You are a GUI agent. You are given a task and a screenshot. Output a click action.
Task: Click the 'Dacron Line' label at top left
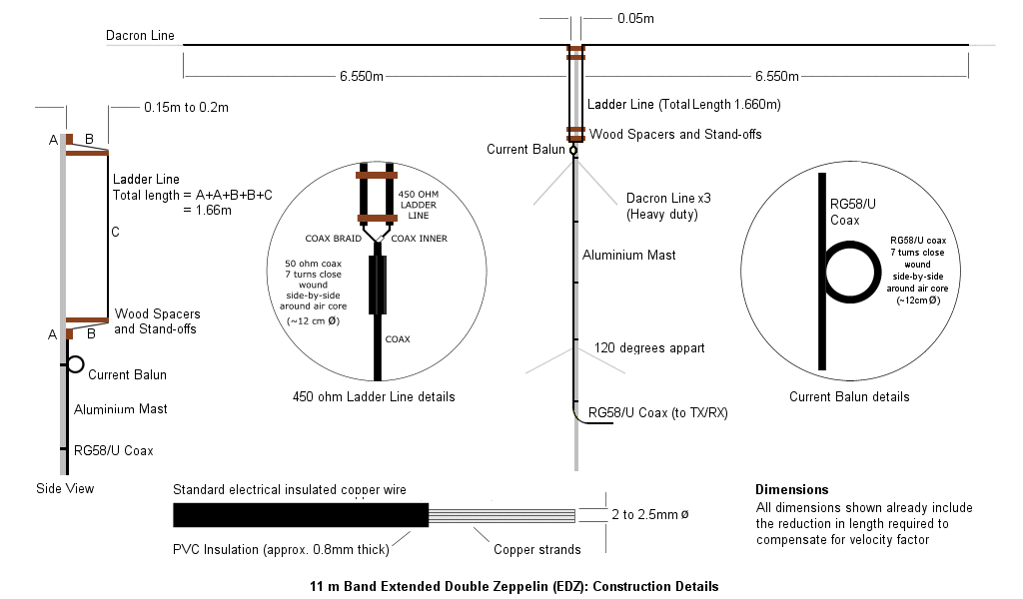click(x=140, y=36)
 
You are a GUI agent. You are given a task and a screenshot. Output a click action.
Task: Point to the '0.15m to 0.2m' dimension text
click(x=187, y=107)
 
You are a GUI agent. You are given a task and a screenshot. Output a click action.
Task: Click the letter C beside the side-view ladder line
click(x=116, y=233)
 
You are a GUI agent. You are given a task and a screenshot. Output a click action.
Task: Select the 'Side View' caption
click(x=65, y=488)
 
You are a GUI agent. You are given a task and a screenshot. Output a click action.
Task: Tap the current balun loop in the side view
click(x=75, y=363)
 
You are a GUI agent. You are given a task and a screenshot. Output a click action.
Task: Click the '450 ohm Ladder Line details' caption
click(x=374, y=396)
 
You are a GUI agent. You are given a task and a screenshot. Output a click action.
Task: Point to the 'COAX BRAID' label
click(x=333, y=239)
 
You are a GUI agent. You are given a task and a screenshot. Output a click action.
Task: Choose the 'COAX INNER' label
click(x=419, y=239)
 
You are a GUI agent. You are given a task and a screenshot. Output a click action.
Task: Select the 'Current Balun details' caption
click(x=849, y=396)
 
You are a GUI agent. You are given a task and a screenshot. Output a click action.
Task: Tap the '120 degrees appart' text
click(x=649, y=348)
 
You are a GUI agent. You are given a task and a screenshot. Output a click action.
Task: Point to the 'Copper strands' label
click(x=537, y=548)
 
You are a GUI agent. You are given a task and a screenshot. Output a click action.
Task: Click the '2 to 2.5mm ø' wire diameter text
click(x=651, y=515)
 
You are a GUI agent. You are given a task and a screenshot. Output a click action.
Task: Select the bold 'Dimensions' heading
click(x=791, y=489)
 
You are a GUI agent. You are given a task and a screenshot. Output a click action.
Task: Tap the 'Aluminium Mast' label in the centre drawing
click(x=629, y=255)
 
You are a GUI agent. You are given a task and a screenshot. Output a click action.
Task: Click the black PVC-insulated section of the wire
click(x=300, y=515)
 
